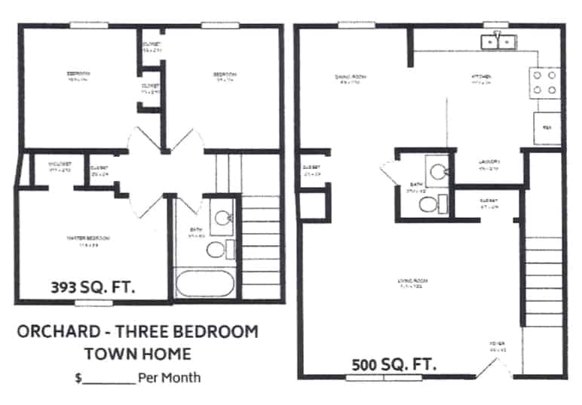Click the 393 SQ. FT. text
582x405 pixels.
pos(97,287)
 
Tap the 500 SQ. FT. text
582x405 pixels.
pos(394,365)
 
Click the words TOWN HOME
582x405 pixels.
pos(137,353)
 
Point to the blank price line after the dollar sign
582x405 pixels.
pos(109,378)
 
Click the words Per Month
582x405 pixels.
pos(170,376)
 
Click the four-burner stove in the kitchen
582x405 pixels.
pos(545,83)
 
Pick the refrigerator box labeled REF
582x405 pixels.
pos(547,128)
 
